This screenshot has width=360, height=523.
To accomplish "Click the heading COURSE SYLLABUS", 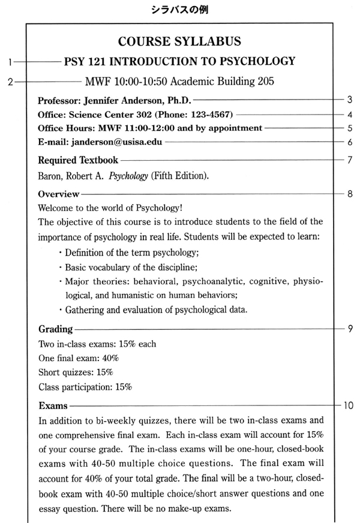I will coord(180,41).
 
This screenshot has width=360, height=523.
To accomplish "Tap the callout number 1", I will coord(10,61).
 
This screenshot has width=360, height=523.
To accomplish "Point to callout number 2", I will coord(10,82).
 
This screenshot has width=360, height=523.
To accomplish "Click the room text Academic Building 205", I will coord(225,82).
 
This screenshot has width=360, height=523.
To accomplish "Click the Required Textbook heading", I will coord(77,160).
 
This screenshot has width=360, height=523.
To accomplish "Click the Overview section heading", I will coord(58,194).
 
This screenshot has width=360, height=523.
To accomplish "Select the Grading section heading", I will coord(55,329).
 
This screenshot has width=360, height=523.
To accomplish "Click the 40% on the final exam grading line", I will coord(110,358).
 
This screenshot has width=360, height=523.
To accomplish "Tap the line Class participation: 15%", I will coord(85,387).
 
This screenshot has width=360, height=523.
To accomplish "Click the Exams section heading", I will coord(53,405).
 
